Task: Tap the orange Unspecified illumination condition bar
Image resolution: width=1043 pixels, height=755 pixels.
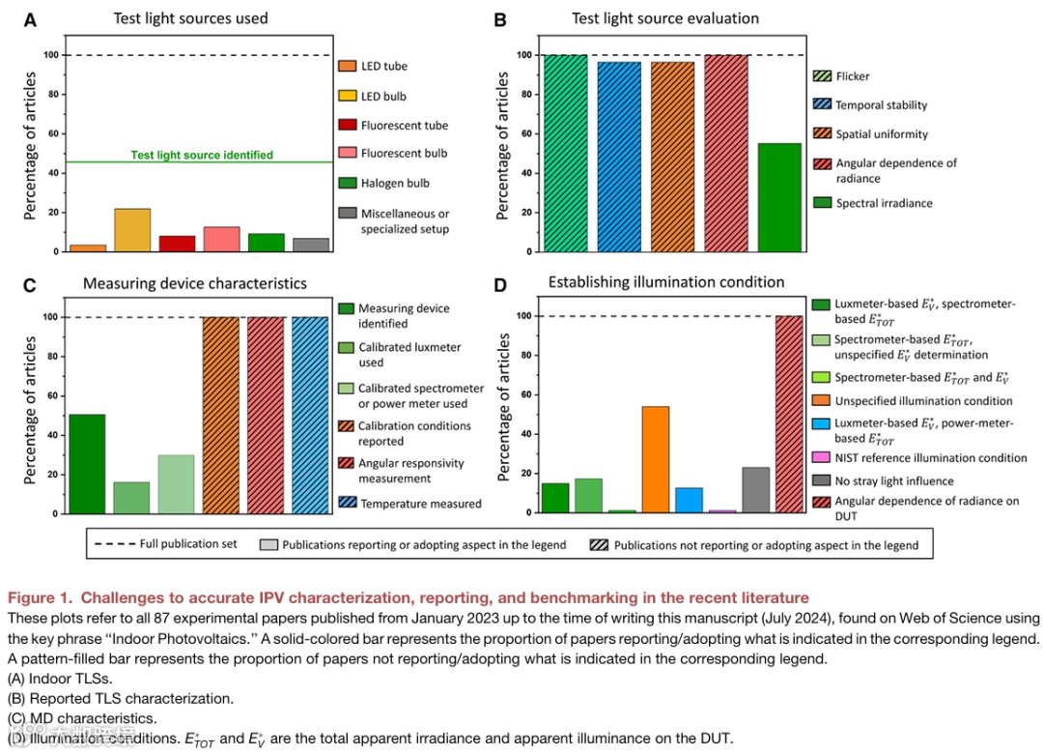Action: click(656, 459)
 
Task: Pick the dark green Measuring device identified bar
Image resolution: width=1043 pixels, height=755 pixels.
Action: click(87, 463)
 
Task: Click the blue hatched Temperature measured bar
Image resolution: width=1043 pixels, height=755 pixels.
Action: click(310, 415)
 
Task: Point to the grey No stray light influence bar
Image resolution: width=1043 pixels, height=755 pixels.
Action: click(755, 489)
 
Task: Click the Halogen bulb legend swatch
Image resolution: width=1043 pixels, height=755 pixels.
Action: click(347, 184)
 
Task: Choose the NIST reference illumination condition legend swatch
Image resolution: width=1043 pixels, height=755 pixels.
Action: click(820, 457)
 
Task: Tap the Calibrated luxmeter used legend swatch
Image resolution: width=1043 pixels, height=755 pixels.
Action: click(347, 347)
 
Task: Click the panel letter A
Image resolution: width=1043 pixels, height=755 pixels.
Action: click(30, 18)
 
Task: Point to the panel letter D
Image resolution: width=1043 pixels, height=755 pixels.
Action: click(500, 283)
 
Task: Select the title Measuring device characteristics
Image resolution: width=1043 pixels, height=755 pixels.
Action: click(194, 283)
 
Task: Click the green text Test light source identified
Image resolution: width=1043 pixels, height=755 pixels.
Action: click(203, 155)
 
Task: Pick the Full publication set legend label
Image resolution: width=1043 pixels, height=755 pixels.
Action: click(188, 544)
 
